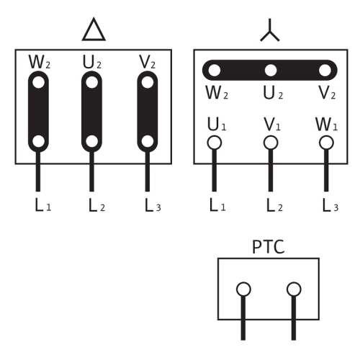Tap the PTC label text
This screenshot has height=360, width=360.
pos(269,247)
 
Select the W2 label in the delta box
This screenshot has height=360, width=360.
pos(40,62)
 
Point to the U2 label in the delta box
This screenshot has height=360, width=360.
pos(92,62)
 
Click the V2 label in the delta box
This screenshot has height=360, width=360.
pos(147,62)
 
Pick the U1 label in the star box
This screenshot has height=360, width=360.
pos(217,124)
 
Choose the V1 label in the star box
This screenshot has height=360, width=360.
pos(272,124)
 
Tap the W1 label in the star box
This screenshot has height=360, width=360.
pos(326,124)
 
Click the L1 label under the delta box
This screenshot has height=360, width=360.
pos(43,205)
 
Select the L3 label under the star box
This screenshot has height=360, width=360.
pos(330,205)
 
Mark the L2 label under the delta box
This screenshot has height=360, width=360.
pos(96,205)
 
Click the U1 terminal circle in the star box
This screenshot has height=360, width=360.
pos(215,143)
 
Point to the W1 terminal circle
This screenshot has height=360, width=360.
pos(326,143)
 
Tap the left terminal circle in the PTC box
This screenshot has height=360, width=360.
pos(243,289)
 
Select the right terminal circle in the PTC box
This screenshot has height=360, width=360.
pos(294,289)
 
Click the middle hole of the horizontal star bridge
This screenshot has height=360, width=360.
pos(271,71)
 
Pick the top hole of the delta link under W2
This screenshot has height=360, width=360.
pos(38,82)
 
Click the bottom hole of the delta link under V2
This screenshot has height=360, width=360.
pos(148,141)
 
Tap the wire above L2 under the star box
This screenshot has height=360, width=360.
pos(271,171)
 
